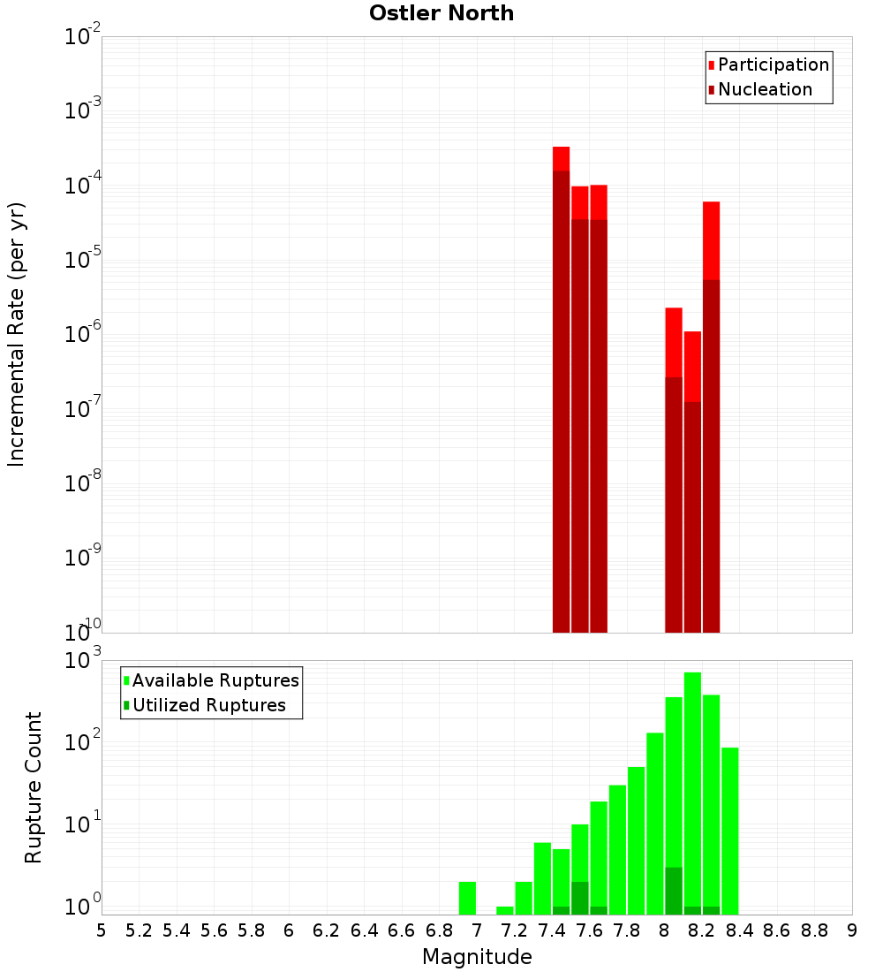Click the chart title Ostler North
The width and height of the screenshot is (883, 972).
[x=441, y=13]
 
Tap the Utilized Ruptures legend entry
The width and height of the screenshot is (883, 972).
[x=208, y=705]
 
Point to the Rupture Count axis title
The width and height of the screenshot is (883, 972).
[x=34, y=787]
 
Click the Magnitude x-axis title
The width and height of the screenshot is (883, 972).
[x=477, y=957]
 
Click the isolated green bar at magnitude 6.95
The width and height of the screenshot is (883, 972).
[x=467, y=898]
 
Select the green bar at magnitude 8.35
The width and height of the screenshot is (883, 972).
[x=729, y=831]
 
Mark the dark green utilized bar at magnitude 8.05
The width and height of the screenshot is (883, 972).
[x=674, y=891]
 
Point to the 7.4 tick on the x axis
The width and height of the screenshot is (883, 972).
[x=552, y=930]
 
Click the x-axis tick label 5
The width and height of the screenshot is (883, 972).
[x=102, y=930]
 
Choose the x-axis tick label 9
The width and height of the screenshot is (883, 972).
[x=852, y=930]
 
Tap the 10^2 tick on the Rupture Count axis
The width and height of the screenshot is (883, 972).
[x=84, y=741]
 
